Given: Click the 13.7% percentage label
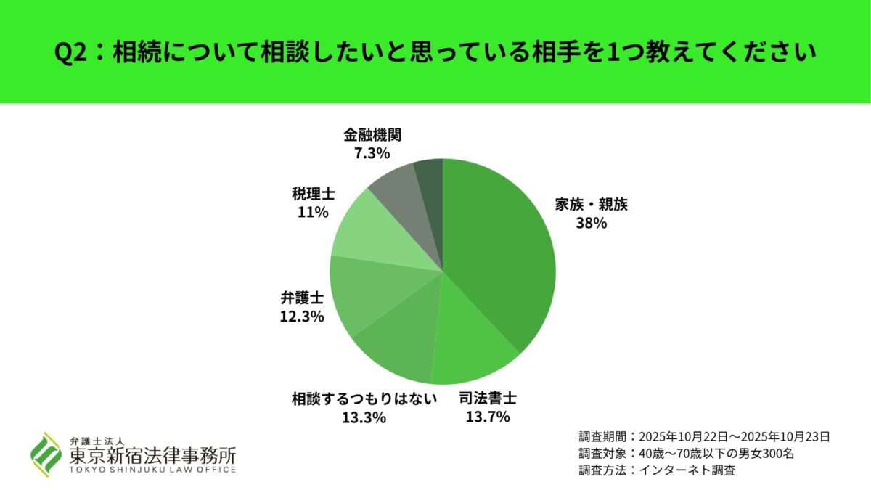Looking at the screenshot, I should (x=488, y=417).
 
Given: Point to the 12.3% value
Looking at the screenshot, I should (x=301, y=317).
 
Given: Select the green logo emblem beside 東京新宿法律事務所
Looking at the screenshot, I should (x=45, y=454).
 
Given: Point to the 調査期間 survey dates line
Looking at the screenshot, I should (x=704, y=437).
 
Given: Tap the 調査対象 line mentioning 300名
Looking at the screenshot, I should (x=687, y=454).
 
